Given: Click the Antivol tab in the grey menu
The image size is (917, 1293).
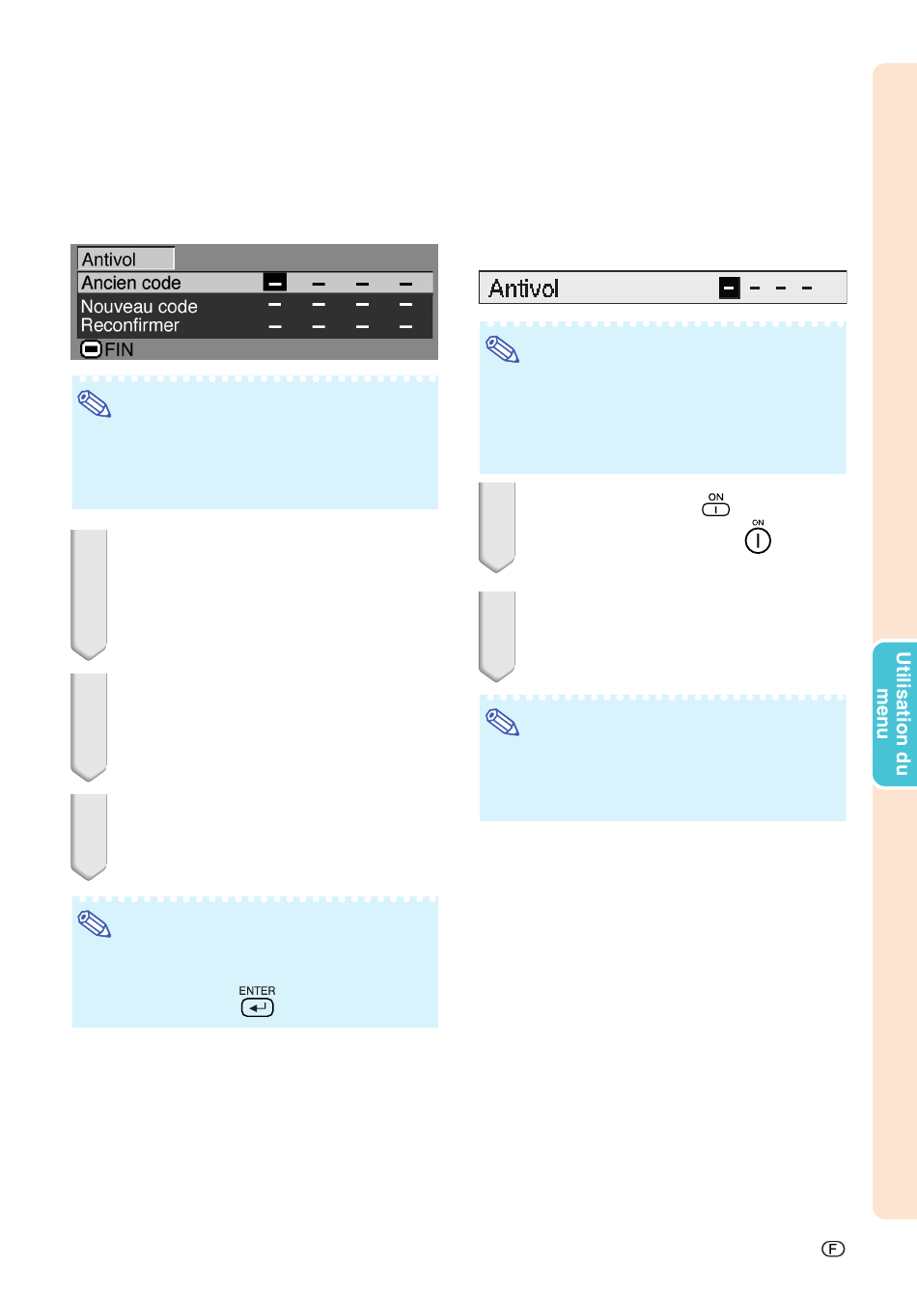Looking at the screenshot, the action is coord(125,259).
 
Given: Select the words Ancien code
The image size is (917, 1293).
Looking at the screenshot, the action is coord(131,283).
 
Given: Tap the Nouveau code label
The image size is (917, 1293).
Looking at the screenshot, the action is coord(139,306).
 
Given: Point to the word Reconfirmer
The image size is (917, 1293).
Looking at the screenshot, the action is coord(130,325).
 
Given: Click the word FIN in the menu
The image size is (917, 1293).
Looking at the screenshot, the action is coord(119,349).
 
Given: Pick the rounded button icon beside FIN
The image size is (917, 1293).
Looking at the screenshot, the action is coord(91,349).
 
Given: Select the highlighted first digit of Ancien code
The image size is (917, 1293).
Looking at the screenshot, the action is coord(275,283).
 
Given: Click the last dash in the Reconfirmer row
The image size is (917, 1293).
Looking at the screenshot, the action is coord(406,327).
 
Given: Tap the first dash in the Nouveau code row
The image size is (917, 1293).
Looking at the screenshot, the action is coord(275,304).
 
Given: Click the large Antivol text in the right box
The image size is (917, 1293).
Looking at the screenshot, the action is coord(524,289).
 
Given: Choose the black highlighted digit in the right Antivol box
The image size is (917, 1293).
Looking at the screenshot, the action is coord(730,288).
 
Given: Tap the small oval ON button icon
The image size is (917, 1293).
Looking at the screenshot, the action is coord(715,509).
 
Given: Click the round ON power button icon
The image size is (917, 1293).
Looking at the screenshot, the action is coord(758,541).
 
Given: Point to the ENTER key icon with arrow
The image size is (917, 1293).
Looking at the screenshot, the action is coord(257,1007).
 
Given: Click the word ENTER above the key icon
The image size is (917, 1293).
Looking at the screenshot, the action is coord(257,991).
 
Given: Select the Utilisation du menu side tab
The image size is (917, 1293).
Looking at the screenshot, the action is coord(895,713).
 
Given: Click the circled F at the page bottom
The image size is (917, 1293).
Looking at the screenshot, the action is coord(833,1249).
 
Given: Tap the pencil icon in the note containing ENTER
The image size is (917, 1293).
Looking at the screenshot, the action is coord(95,924).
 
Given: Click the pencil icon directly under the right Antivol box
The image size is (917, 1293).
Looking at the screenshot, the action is coord(502,349).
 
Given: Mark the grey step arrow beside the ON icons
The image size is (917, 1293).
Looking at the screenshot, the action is coord(496,527).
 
